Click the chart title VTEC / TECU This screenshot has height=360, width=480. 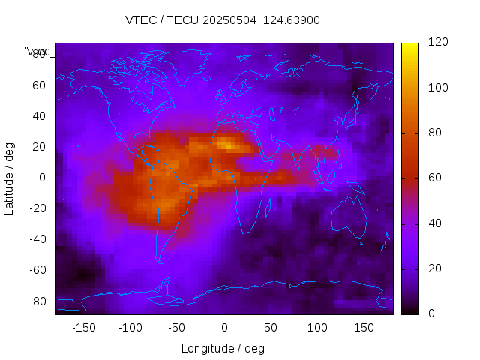tap(223, 19)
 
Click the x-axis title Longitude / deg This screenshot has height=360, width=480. tap(223, 348)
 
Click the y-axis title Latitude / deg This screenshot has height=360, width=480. tap(10, 177)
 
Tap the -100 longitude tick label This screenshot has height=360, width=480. tap(130, 327)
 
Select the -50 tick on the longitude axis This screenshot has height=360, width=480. tap(177, 327)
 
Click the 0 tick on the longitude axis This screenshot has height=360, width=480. tap(224, 327)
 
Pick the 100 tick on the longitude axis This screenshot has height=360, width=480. tap(317, 327)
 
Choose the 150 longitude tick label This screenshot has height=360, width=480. tap(364, 327)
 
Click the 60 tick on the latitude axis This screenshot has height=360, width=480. tap(39, 85)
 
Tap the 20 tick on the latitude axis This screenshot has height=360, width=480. tap(39, 146)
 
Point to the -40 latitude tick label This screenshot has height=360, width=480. tap(36, 239)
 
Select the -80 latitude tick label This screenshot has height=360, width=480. tap(36, 301)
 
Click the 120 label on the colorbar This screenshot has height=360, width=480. tap(438, 43)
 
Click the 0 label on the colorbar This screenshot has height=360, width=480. tap(431, 313)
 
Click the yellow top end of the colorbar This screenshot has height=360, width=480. tap(409, 46)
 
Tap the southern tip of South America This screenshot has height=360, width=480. tap(160, 260)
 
